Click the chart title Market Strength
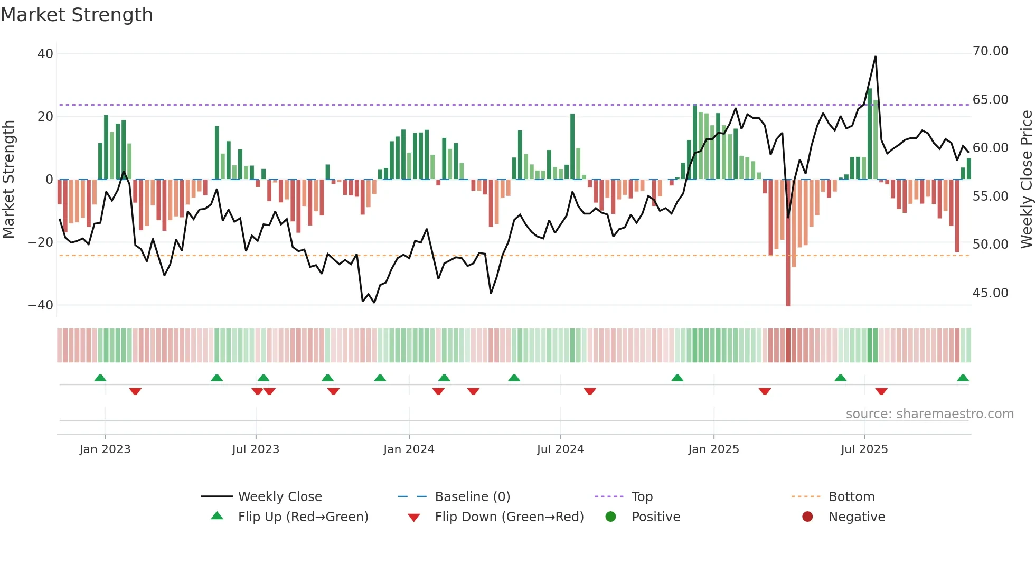coord(77,15)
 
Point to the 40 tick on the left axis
coord(45,54)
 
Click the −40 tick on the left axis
coord(41,305)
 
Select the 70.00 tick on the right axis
coord(990,51)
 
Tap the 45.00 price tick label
coord(990,293)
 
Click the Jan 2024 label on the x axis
coord(409,449)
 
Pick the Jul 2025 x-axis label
coord(864,449)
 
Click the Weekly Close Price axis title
coord(1026,180)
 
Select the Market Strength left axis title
coord(9,180)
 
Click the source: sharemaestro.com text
coord(929,414)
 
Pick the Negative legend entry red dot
coord(807,517)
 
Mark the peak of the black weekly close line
coord(876,57)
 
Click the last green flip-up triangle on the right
coord(963,378)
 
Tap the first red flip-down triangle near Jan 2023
coord(135,391)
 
